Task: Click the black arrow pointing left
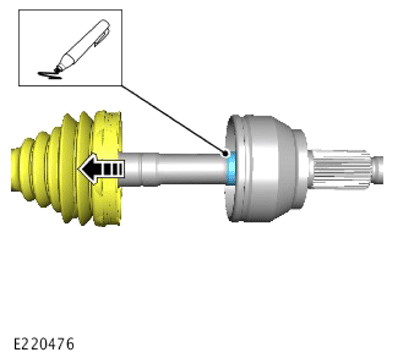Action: point(101,169)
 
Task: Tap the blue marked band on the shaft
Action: point(231,168)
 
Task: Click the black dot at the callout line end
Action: point(226,154)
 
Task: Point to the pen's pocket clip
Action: point(102,38)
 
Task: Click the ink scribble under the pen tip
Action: point(49,75)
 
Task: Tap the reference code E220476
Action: point(44,344)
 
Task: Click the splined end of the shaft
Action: point(342,168)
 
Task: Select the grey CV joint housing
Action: point(267,168)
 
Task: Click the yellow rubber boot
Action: point(67,168)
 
